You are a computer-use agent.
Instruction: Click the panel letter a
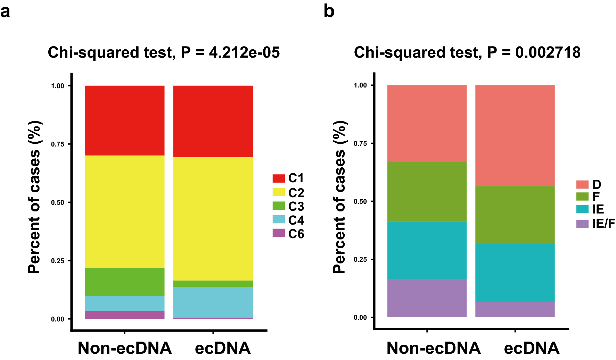pyautogui.click(x=5, y=12)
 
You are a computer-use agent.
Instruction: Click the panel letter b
pyautogui.click(x=329, y=11)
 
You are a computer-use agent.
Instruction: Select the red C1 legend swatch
pyautogui.click(x=278, y=178)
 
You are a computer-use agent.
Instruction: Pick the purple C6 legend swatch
pyautogui.click(x=278, y=233)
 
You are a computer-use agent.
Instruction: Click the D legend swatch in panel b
pyautogui.click(x=582, y=184)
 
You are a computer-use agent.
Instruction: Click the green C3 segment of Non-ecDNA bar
pyautogui.click(x=124, y=282)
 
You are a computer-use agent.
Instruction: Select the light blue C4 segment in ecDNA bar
pyautogui.click(x=213, y=302)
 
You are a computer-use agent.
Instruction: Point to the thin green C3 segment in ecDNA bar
pyautogui.click(x=213, y=284)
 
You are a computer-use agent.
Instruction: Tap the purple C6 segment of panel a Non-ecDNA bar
pyautogui.click(x=124, y=315)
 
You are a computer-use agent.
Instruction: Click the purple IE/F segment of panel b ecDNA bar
pyautogui.click(x=515, y=309)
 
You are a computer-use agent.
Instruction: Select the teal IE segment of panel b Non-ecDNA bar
pyautogui.click(x=427, y=250)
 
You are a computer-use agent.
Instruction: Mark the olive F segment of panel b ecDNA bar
pyautogui.click(x=515, y=215)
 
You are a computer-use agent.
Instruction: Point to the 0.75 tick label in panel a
pyautogui.click(x=58, y=144)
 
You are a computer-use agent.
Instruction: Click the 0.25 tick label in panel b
pyautogui.click(x=360, y=260)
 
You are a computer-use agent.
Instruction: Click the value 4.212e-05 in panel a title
pyautogui.click(x=244, y=53)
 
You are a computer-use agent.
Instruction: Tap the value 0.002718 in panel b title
pyautogui.click(x=548, y=53)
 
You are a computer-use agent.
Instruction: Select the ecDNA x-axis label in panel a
pyautogui.click(x=223, y=348)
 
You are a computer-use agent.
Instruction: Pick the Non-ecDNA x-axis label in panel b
pyautogui.click(x=433, y=348)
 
